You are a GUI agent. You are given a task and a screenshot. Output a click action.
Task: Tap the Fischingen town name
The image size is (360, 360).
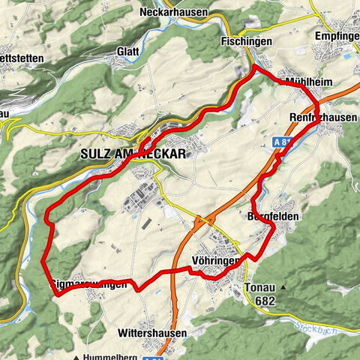tap(246, 42)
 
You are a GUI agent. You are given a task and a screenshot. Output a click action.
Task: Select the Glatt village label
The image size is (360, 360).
tap(127, 52)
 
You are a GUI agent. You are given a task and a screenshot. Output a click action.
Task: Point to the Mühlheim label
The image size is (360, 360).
tap(307, 81)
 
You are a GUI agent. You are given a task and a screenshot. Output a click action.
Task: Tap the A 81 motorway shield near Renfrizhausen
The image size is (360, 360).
tap(283, 141)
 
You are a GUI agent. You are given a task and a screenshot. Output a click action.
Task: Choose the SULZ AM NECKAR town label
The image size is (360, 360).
tap(132, 153)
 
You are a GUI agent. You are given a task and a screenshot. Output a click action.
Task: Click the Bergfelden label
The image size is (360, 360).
tap(273, 216)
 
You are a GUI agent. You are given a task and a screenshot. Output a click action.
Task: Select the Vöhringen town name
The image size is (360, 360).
tap(220, 261)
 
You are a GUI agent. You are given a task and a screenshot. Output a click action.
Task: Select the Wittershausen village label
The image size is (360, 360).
tap(152, 331)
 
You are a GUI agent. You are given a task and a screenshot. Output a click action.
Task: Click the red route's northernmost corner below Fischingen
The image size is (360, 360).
tap(255, 67)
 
